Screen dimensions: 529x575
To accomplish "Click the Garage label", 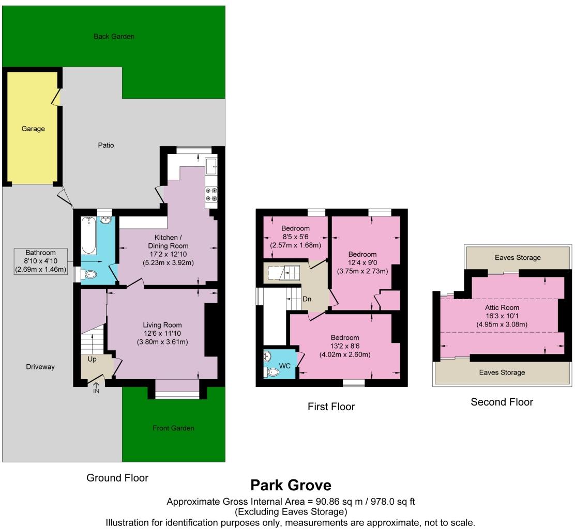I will [33, 129].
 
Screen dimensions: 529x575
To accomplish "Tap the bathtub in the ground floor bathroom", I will [88, 236].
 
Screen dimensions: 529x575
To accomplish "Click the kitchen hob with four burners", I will [211, 194].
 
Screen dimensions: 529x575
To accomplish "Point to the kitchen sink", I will [211, 167].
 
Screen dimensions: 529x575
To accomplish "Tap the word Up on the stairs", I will [92, 359].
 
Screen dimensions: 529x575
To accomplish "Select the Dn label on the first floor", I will [307, 299].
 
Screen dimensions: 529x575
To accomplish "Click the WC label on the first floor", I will [285, 366].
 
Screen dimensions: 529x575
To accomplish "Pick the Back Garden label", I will [114, 37].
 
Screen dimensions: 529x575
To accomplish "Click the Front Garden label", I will [173, 428].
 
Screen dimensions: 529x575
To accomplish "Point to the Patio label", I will [105, 145].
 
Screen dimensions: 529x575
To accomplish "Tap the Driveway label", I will [40, 366].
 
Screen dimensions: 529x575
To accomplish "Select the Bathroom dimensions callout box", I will [40, 261].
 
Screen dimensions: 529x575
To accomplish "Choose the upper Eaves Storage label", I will [517, 257].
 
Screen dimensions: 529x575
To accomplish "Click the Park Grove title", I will [291, 486].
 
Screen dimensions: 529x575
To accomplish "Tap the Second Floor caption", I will [502, 402].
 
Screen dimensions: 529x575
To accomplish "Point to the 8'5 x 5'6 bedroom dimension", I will [296, 237].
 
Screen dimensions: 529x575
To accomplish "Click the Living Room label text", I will [162, 324].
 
